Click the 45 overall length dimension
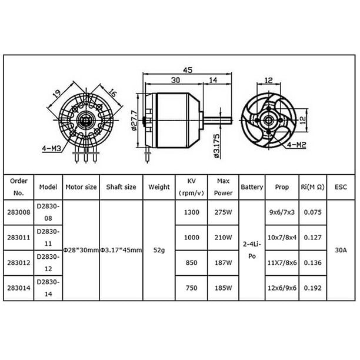188,69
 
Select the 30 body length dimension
176,80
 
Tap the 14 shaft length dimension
213,80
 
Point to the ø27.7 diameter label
134,120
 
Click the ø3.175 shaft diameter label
216,146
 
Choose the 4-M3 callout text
51,149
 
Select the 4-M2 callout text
296,145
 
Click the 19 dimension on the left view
56,93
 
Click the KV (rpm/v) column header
192,187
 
